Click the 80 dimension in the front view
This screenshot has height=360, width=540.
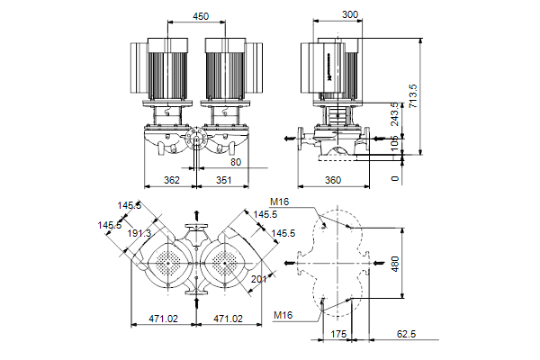click(236, 163)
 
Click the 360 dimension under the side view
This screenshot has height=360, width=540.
click(332, 180)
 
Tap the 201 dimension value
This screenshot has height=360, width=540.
click(259, 280)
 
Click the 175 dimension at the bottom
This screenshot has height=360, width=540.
click(338, 334)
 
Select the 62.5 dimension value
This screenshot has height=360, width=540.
click(408, 334)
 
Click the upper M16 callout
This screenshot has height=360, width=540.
click(279, 202)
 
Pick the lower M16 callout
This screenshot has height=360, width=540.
click(284, 314)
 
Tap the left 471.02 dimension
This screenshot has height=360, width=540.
click(163, 319)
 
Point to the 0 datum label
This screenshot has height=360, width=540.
click(396, 178)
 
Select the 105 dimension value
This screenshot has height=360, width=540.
click(396, 145)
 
